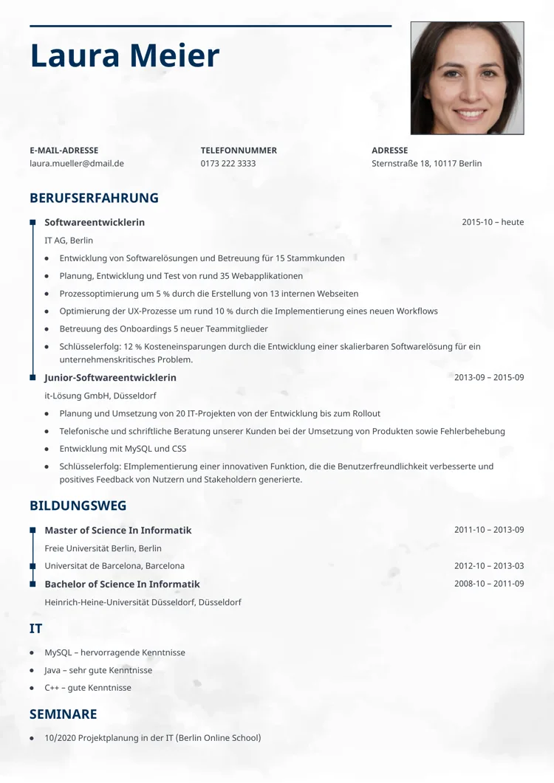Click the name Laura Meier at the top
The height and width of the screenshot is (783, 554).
point(125,56)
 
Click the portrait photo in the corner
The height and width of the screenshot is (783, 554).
point(467,77)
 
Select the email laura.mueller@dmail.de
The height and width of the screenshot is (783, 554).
point(77,163)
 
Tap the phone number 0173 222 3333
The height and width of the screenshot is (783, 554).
point(228,163)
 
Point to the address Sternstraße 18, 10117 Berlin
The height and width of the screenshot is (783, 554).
point(426,163)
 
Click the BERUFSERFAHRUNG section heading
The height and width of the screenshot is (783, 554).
point(94,198)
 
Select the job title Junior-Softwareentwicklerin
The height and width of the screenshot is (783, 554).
point(110,378)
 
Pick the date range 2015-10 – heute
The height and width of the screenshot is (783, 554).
point(493,222)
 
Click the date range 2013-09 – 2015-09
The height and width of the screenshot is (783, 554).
point(489,378)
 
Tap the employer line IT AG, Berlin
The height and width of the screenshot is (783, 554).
point(69,241)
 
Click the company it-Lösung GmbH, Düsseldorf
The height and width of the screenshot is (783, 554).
point(100,396)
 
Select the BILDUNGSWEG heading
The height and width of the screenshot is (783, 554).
point(78,506)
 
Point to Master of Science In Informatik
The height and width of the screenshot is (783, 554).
point(117,531)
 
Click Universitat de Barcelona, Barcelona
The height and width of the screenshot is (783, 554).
point(114,566)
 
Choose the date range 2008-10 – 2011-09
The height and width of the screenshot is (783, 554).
point(489,584)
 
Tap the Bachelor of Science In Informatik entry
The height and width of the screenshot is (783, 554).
point(122,584)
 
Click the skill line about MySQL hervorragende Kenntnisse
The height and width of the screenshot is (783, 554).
point(114,652)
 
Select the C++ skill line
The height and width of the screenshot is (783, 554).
point(88,688)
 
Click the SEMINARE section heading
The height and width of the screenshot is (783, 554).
point(63,714)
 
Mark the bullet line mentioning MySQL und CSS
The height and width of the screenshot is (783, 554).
point(123,449)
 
